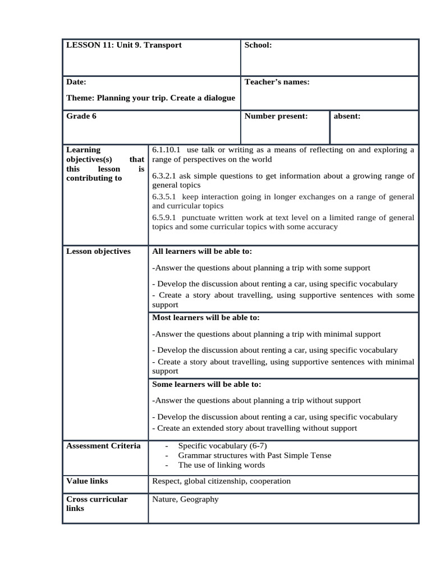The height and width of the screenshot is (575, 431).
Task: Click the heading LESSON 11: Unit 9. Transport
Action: click(x=124, y=45)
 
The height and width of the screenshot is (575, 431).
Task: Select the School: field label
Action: click(x=258, y=45)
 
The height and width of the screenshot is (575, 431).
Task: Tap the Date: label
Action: click(x=76, y=82)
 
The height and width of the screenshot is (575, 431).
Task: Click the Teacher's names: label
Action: click(x=277, y=82)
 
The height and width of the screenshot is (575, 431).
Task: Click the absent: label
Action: click(x=347, y=116)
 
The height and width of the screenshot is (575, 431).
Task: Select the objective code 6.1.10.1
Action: click(x=166, y=150)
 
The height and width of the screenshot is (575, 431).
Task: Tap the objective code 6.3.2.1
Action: click(x=164, y=176)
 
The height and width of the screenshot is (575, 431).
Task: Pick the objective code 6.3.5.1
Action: click(x=164, y=197)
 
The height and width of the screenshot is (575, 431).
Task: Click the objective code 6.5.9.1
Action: click(x=164, y=217)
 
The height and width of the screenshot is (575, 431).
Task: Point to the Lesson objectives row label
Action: click(x=98, y=251)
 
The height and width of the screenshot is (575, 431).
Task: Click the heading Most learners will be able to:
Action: click(x=206, y=317)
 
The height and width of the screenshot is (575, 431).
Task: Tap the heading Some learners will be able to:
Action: click(x=207, y=384)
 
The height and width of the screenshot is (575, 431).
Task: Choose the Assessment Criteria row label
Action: click(x=103, y=446)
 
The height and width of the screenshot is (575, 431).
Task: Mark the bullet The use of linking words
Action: click(x=221, y=465)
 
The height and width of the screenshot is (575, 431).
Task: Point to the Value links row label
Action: click(x=87, y=481)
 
